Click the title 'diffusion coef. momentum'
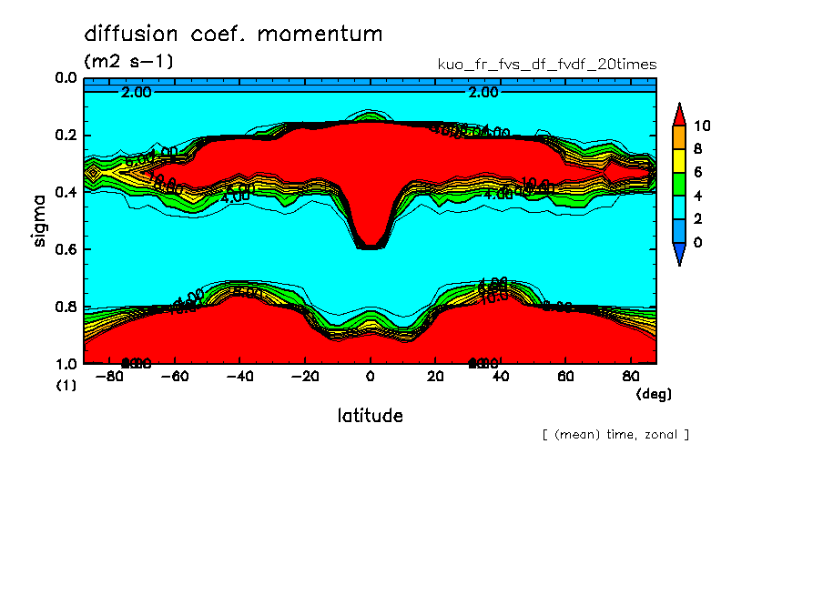click(233, 35)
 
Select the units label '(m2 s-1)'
click(128, 63)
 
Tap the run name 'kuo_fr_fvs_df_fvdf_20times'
click(547, 65)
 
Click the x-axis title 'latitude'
click(370, 416)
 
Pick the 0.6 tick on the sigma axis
click(66, 249)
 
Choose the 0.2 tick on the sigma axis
click(66, 136)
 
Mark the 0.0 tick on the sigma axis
click(66, 78)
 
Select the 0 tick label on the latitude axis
click(370, 376)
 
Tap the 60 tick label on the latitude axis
click(565, 376)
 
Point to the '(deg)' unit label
click(653, 394)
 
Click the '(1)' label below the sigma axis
click(66, 385)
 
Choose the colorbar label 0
click(698, 242)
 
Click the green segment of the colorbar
click(679, 184)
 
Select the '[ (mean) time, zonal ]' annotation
click(615, 434)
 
